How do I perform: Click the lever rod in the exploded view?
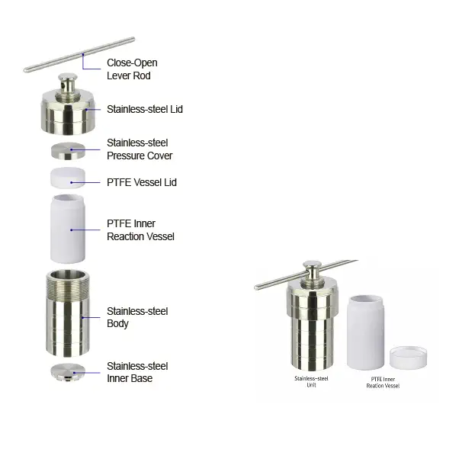(79, 55)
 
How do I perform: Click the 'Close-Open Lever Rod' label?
(132, 69)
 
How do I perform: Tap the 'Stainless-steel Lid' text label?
(145, 109)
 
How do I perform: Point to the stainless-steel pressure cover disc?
(68, 150)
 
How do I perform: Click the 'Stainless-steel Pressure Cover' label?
(140, 149)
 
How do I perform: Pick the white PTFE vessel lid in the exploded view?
(68, 178)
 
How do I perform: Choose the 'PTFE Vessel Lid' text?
(142, 182)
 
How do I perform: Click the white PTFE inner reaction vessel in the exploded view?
(68, 229)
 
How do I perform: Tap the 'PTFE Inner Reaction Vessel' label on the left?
(140, 230)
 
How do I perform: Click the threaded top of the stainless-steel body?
(68, 285)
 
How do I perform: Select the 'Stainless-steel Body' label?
(137, 317)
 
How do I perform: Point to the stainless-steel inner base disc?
(68, 372)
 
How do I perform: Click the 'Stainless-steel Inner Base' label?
(137, 372)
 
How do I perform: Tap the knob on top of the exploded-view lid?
(68, 82)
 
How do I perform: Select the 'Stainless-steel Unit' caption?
(311, 382)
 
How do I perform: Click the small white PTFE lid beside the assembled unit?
(408, 358)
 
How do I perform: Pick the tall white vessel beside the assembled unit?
(366, 332)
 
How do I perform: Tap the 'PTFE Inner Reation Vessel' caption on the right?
(383, 382)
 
